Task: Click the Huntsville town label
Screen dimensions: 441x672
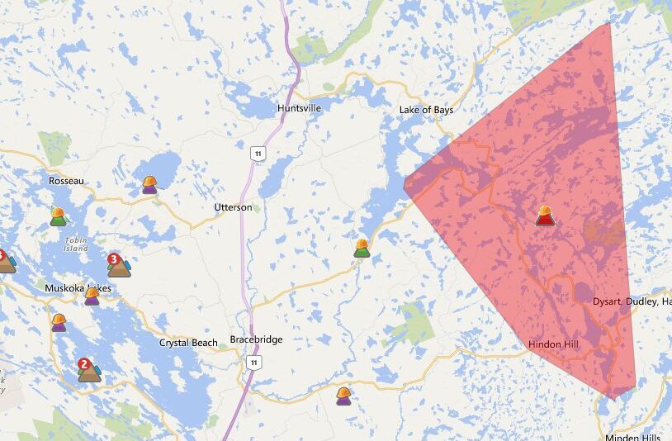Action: (x=299, y=108)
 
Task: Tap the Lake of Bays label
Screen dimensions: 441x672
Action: (x=426, y=110)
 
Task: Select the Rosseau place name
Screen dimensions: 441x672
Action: (x=65, y=180)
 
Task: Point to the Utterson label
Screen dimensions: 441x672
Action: (x=234, y=207)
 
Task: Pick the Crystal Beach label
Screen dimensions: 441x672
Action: (x=188, y=343)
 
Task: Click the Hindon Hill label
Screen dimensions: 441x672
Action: (x=553, y=344)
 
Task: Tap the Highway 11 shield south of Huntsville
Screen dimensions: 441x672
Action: (x=260, y=154)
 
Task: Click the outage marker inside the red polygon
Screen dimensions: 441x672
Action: (x=545, y=216)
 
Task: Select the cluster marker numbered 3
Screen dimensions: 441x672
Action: (x=118, y=265)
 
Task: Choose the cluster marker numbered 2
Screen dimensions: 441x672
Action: (x=88, y=369)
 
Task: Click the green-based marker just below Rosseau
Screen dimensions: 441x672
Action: (x=58, y=216)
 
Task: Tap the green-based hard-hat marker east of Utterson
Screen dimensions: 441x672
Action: (x=362, y=248)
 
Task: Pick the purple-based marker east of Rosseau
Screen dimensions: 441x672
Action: (x=149, y=184)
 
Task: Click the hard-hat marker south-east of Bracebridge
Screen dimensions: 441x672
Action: (x=343, y=396)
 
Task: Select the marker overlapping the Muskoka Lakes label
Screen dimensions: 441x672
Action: (x=92, y=296)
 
